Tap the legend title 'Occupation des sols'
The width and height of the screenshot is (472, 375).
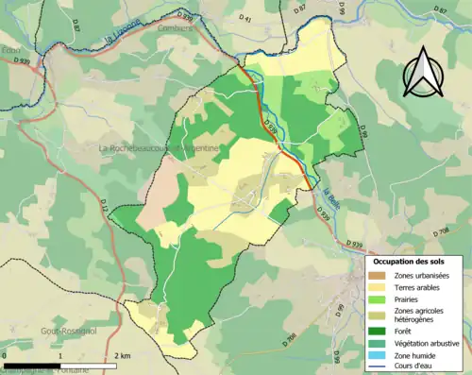414,261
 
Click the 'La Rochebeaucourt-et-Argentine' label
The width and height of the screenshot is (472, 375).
160,149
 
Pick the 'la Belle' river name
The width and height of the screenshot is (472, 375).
329,200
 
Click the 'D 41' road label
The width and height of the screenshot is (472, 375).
246,18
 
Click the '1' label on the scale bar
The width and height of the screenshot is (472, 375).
59,356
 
